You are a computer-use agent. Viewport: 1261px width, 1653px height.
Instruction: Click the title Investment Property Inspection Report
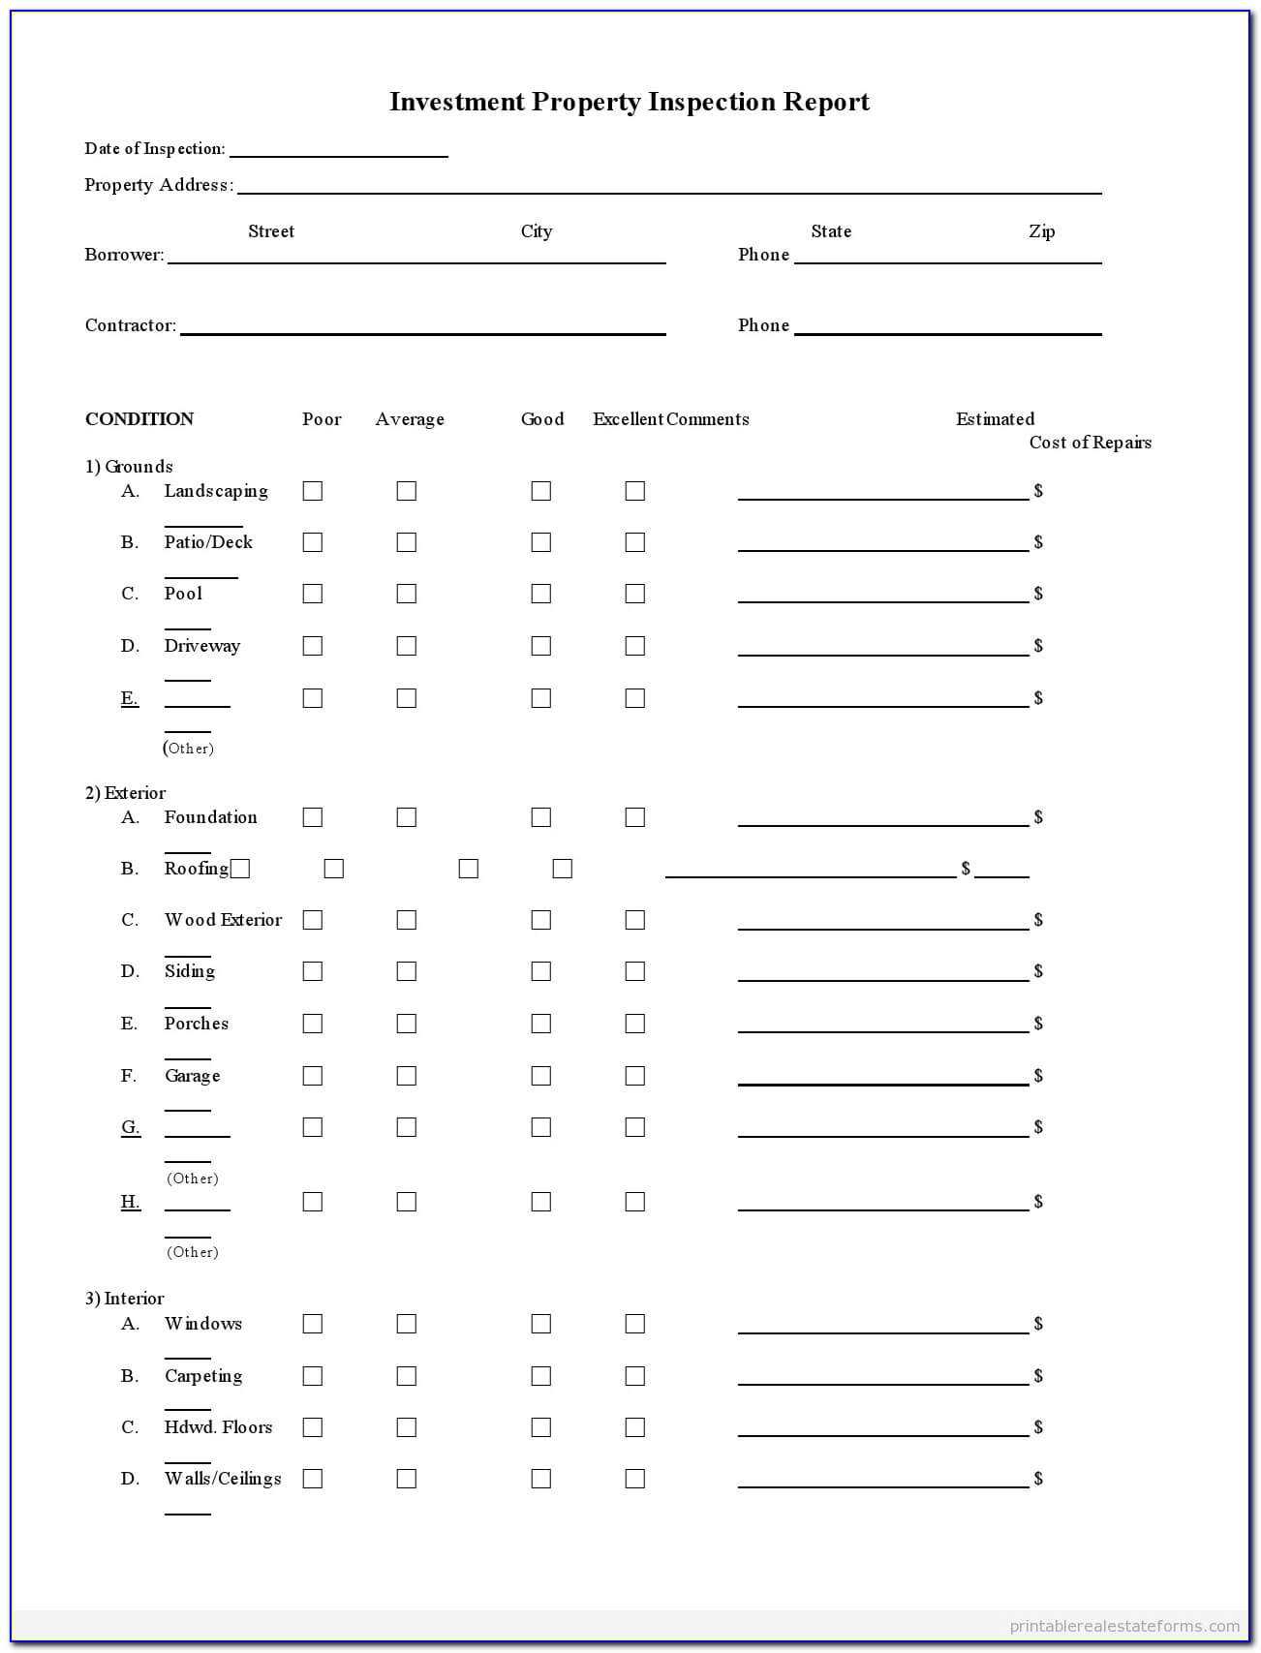coord(630,102)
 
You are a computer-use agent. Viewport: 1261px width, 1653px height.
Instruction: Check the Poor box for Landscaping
coord(312,491)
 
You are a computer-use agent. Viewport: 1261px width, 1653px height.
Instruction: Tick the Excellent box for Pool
coord(634,594)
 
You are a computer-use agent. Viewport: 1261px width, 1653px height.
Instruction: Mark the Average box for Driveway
coord(406,646)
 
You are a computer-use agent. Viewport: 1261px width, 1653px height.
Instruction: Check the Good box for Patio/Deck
coord(540,542)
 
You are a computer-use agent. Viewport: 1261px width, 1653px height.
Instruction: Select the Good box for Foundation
coord(540,817)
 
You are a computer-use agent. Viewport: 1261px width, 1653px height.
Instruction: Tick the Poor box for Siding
coord(312,971)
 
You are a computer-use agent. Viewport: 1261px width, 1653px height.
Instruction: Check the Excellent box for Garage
coord(634,1076)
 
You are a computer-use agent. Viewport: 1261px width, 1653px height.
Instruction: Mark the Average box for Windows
coord(406,1324)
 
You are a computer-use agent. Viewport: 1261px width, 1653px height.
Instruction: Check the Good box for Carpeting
coord(540,1376)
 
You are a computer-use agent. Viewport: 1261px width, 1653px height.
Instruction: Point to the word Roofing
coord(196,869)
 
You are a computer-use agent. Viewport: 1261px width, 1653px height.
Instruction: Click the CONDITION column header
coord(139,419)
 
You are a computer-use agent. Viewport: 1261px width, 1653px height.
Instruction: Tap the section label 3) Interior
coord(124,1299)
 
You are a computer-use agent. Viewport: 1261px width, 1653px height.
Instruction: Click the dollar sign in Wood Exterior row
coord(1038,920)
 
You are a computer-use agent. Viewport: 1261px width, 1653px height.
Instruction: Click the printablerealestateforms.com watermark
coord(1124,1626)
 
